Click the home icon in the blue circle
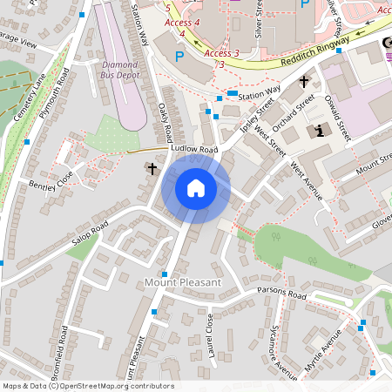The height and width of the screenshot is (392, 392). coord(195,187)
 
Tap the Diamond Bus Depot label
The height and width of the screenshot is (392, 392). coord(119,70)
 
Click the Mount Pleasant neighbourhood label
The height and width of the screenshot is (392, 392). coord(183,283)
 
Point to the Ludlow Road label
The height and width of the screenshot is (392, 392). coord(194,150)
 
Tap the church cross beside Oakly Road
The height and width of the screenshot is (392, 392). coord(152,168)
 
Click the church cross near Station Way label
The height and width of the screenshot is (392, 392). coord(304,82)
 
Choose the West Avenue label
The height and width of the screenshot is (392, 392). coord(307,179)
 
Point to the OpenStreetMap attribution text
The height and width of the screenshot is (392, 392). coord(87,386)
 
